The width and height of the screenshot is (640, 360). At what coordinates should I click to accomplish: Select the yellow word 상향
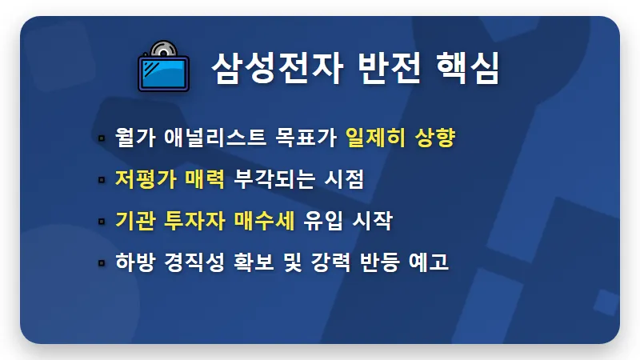(x=436, y=138)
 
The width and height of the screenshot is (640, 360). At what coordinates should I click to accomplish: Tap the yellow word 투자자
(x=196, y=220)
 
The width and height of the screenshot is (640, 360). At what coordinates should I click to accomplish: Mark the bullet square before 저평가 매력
(x=102, y=179)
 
